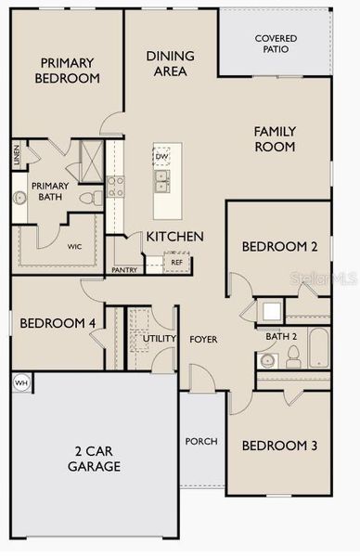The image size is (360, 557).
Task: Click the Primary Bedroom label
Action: [x=67, y=71]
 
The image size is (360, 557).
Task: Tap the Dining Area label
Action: [x=170, y=63]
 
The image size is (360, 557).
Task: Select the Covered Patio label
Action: [x=276, y=43]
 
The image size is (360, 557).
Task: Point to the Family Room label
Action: [x=275, y=139]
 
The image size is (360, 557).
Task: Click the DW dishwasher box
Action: [x=162, y=156]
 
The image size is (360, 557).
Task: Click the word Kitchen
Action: [x=174, y=237]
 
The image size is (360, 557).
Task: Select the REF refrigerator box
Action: [x=176, y=263]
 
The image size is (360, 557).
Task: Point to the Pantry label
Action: [x=124, y=270]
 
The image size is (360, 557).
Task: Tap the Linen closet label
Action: [x=17, y=154]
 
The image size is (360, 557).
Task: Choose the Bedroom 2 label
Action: [x=280, y=246]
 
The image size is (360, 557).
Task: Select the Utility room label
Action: [x=159, y=339]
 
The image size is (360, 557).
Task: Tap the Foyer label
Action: [x=203, y=339]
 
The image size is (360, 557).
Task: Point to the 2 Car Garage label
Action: [x=93, y=459]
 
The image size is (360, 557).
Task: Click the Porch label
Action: [x=201, y=441]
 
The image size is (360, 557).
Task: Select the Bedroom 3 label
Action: [x=279, y=446]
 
